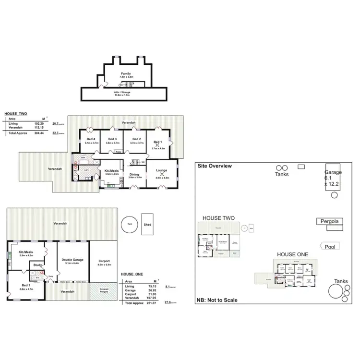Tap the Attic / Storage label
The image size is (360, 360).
pos(122,93)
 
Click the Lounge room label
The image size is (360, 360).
pos(161,175)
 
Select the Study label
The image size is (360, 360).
pos(38,265)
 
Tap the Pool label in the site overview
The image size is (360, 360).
pos(330,247)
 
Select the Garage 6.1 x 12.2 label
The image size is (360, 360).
pos(333,178)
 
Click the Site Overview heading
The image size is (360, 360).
pos(215,166)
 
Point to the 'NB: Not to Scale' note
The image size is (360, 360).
pos(216,300)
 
